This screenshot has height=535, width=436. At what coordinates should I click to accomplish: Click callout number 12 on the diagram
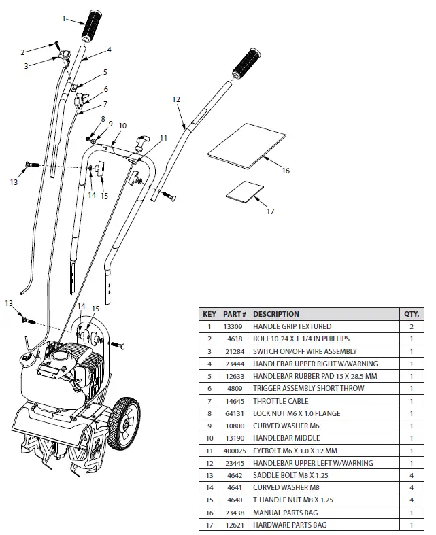point(176,99)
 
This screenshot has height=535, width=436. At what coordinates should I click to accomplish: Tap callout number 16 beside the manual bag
point(286,171)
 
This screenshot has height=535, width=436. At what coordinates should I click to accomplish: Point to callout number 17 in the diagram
point(270,211)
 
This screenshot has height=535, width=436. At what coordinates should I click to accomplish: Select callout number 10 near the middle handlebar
point(122,126)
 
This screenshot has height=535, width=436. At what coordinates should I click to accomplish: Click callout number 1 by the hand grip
point(65,18)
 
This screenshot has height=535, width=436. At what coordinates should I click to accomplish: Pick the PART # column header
point(235,314)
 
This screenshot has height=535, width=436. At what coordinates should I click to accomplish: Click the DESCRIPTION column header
point(276,314)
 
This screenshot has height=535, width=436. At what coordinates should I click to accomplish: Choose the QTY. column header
point(412,314)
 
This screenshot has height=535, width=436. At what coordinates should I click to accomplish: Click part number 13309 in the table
point(235,327)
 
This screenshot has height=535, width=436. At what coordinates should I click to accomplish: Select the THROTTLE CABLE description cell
point(280,401)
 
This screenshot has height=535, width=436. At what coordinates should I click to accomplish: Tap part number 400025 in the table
point(235,451)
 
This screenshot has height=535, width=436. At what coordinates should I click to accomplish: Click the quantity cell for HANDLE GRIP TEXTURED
point(412,327)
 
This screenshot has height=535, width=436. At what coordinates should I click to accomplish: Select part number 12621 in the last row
point(235,525)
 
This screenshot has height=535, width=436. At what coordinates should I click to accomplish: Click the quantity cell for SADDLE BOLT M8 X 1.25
point(412,475)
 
